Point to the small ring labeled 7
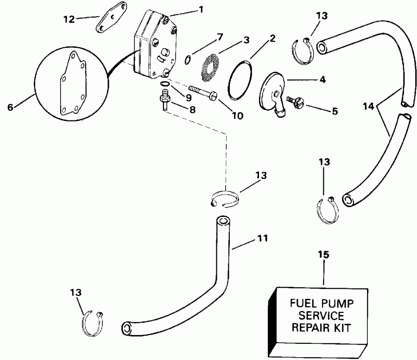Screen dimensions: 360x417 click(x=187, y=59)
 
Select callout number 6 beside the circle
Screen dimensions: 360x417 click(x=10, y=107)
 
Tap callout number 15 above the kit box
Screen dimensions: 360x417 click(x=323, y=254)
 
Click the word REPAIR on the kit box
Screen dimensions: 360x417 click(x=301, y=328)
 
